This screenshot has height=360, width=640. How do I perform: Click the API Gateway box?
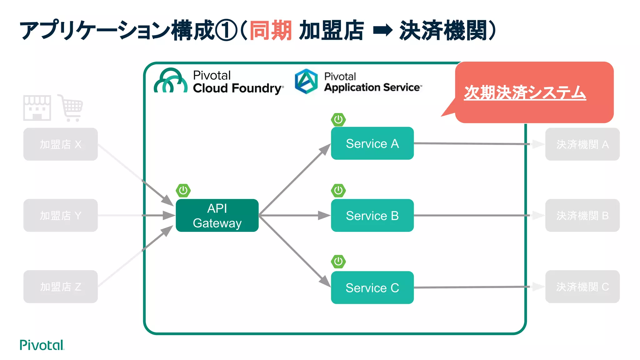pos(217,215)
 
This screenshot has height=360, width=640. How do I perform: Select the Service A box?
pos(372,143)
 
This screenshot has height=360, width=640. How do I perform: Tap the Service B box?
pos(372,215)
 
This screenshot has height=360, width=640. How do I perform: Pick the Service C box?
pos(372,287)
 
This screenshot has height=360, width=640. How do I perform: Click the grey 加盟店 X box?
pos(60,144)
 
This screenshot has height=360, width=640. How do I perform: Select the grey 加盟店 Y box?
pos(60,215)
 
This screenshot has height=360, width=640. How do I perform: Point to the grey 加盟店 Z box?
pos(60,287)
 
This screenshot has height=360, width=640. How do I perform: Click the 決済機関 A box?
pos(582,144)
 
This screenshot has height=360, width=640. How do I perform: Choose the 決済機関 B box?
pos(582,215)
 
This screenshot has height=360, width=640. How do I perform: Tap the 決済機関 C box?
pos(582,287)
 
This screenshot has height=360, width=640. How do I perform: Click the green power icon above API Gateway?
pos(183,190)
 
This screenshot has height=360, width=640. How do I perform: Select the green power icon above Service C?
pos(338,262)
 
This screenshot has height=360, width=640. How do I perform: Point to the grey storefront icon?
pos(37,108)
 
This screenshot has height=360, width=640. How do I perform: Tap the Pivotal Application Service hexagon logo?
pos(306,81)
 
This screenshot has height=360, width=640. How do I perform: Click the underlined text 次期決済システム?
pos(525,93)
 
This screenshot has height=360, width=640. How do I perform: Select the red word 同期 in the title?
pos(271,30)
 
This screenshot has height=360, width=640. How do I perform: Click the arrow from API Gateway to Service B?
pos(294,215)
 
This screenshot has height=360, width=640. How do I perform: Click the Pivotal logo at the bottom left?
pos(42,345)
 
